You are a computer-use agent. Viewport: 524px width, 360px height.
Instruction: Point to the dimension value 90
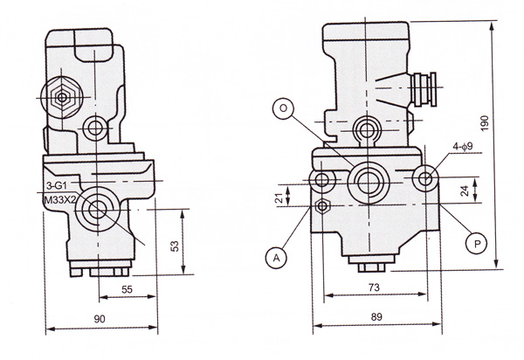(100, 320)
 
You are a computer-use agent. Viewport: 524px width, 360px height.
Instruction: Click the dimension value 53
(174, 246)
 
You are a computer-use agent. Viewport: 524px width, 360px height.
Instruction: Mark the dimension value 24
(465, 190)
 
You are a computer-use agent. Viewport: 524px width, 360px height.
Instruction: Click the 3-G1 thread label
(58, 186)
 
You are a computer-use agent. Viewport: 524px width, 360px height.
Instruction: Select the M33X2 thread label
(61, 198)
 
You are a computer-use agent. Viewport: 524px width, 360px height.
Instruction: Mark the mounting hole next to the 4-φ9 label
(426, 178)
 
